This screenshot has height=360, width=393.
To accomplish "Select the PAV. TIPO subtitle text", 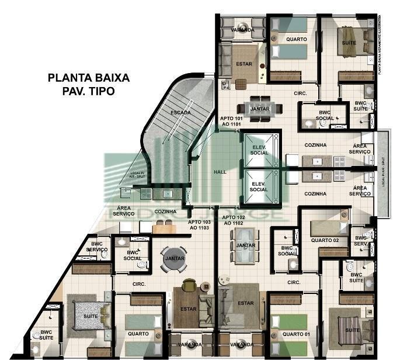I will (89, 91).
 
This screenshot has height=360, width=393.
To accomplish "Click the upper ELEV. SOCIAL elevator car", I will (259, 150).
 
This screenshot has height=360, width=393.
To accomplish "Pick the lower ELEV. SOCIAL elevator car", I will (259, 186).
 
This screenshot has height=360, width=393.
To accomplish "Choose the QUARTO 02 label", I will (325, 240).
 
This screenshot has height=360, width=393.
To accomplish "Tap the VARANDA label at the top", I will (242, 30).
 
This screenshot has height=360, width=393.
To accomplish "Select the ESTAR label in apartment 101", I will (244, 63).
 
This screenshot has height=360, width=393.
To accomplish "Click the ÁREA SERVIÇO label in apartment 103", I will (124, 210).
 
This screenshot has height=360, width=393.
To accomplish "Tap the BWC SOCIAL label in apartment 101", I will (325, 115).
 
